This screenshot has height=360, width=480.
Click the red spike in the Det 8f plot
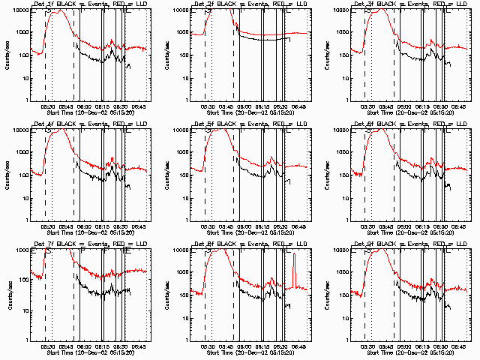tap(294, 270)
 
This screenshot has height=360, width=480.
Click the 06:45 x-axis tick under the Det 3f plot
tap(458, 106)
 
